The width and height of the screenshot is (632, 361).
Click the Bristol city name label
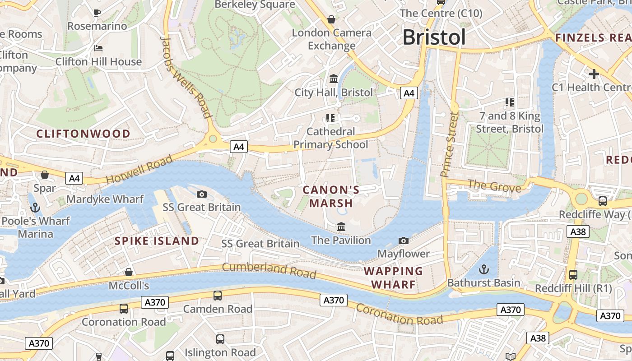[434, 37]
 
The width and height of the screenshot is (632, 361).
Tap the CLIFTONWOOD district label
[83, 134]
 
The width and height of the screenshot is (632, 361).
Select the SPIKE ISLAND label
[157, 241]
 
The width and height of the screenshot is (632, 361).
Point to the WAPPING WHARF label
[393, 278]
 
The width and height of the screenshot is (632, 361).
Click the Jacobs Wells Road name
[186, 77]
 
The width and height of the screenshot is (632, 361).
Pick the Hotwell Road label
[139, 169]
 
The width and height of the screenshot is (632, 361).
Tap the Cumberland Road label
[269, 270]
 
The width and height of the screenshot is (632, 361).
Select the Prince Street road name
[449, 144]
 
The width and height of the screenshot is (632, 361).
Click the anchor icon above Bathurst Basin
[483, 270]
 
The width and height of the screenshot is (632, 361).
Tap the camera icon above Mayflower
[404, 241]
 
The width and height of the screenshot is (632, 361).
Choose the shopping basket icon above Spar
[45, 175]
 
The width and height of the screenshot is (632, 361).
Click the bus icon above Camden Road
[218, 296]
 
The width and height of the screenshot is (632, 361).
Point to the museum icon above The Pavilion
[341, 227]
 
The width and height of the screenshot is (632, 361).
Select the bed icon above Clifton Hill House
[98, 48]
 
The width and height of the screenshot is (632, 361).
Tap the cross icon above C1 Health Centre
[594, 74]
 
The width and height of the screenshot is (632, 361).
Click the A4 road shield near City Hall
[409, 93]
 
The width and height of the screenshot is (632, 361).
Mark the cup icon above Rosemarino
[97, 13]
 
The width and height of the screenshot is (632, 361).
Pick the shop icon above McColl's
[129, 272]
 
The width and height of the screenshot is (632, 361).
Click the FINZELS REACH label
[593, 37]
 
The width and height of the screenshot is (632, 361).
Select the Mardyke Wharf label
[105, 199]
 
